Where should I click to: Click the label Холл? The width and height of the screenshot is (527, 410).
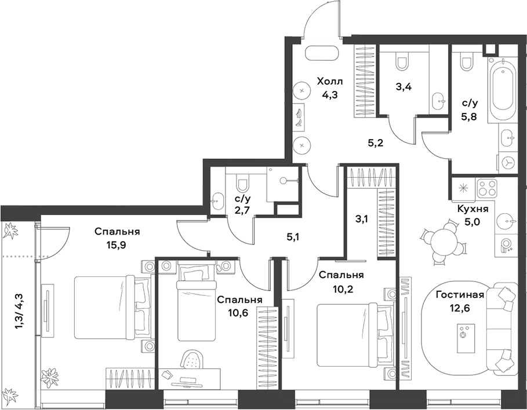coord(329,81)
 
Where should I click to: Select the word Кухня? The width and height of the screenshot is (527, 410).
coord(473,208)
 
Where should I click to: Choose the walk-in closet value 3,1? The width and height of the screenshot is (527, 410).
coord(361,219)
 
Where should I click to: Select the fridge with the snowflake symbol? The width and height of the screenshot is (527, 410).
coord(463,187)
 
